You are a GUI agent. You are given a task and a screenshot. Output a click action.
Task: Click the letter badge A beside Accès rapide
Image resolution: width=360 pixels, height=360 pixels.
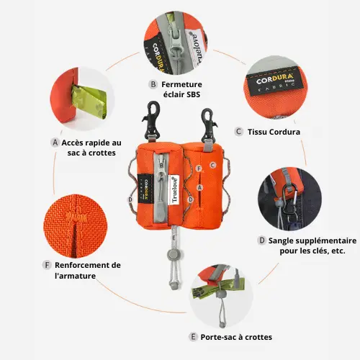(x=55, y=143)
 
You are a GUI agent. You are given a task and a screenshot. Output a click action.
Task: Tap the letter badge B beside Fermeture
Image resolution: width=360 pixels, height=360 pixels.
(x=153, y=84)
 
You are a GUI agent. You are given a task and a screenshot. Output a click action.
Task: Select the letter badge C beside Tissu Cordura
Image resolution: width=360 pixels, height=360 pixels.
(x=238, y=132)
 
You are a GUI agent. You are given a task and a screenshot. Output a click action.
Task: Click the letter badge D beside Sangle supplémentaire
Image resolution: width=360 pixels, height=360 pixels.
(x=262, y=240)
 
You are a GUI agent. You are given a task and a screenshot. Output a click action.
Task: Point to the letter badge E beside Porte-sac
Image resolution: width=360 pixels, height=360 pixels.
(x=193, y=337)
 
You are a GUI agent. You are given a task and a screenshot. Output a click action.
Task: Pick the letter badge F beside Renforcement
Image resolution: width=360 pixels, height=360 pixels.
(x=47, y=265)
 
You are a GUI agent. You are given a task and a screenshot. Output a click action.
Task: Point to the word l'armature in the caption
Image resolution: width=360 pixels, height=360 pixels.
(x=75, y=276)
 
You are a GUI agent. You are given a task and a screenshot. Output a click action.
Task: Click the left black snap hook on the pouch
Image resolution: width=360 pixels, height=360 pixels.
(x=152, y=121)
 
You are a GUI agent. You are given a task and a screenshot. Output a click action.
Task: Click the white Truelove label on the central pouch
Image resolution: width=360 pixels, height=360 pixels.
(x=175, y=190)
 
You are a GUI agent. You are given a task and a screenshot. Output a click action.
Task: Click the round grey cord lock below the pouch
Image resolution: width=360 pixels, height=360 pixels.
(x=172, y=253)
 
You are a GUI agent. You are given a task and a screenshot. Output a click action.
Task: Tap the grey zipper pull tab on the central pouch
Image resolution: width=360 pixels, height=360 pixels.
(x=161, y=207)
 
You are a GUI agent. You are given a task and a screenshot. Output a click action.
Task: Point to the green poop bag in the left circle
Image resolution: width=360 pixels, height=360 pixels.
(x=89, y=102)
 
